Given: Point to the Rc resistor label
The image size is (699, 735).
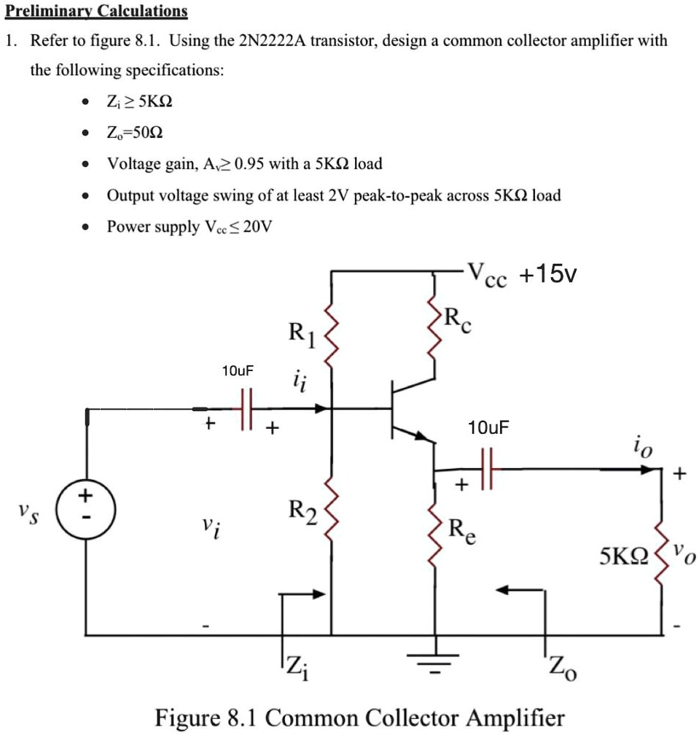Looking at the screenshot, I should point(458,320).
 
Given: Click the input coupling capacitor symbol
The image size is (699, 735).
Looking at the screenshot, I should point(246,410).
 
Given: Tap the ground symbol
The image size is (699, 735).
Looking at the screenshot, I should point(436,660).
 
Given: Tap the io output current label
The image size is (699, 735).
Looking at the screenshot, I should point(638,444).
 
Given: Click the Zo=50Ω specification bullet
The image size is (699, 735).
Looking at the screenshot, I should point(135,133).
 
